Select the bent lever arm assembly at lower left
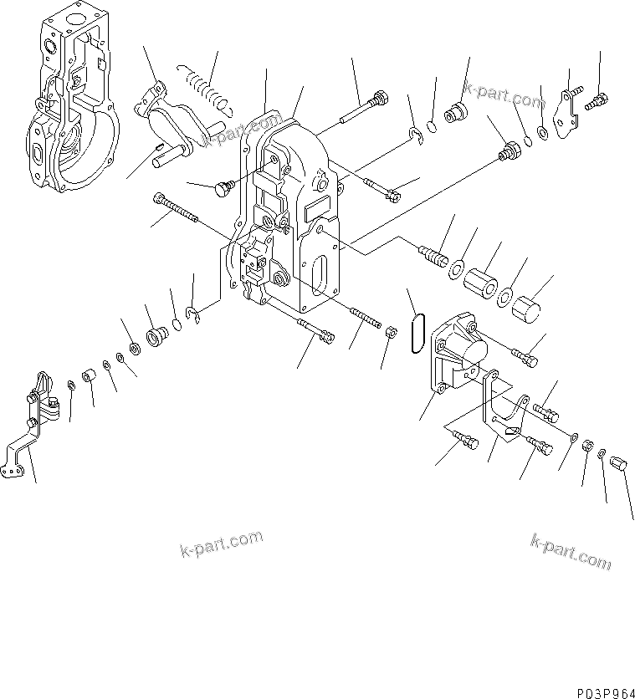click(x=32, y=426)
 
